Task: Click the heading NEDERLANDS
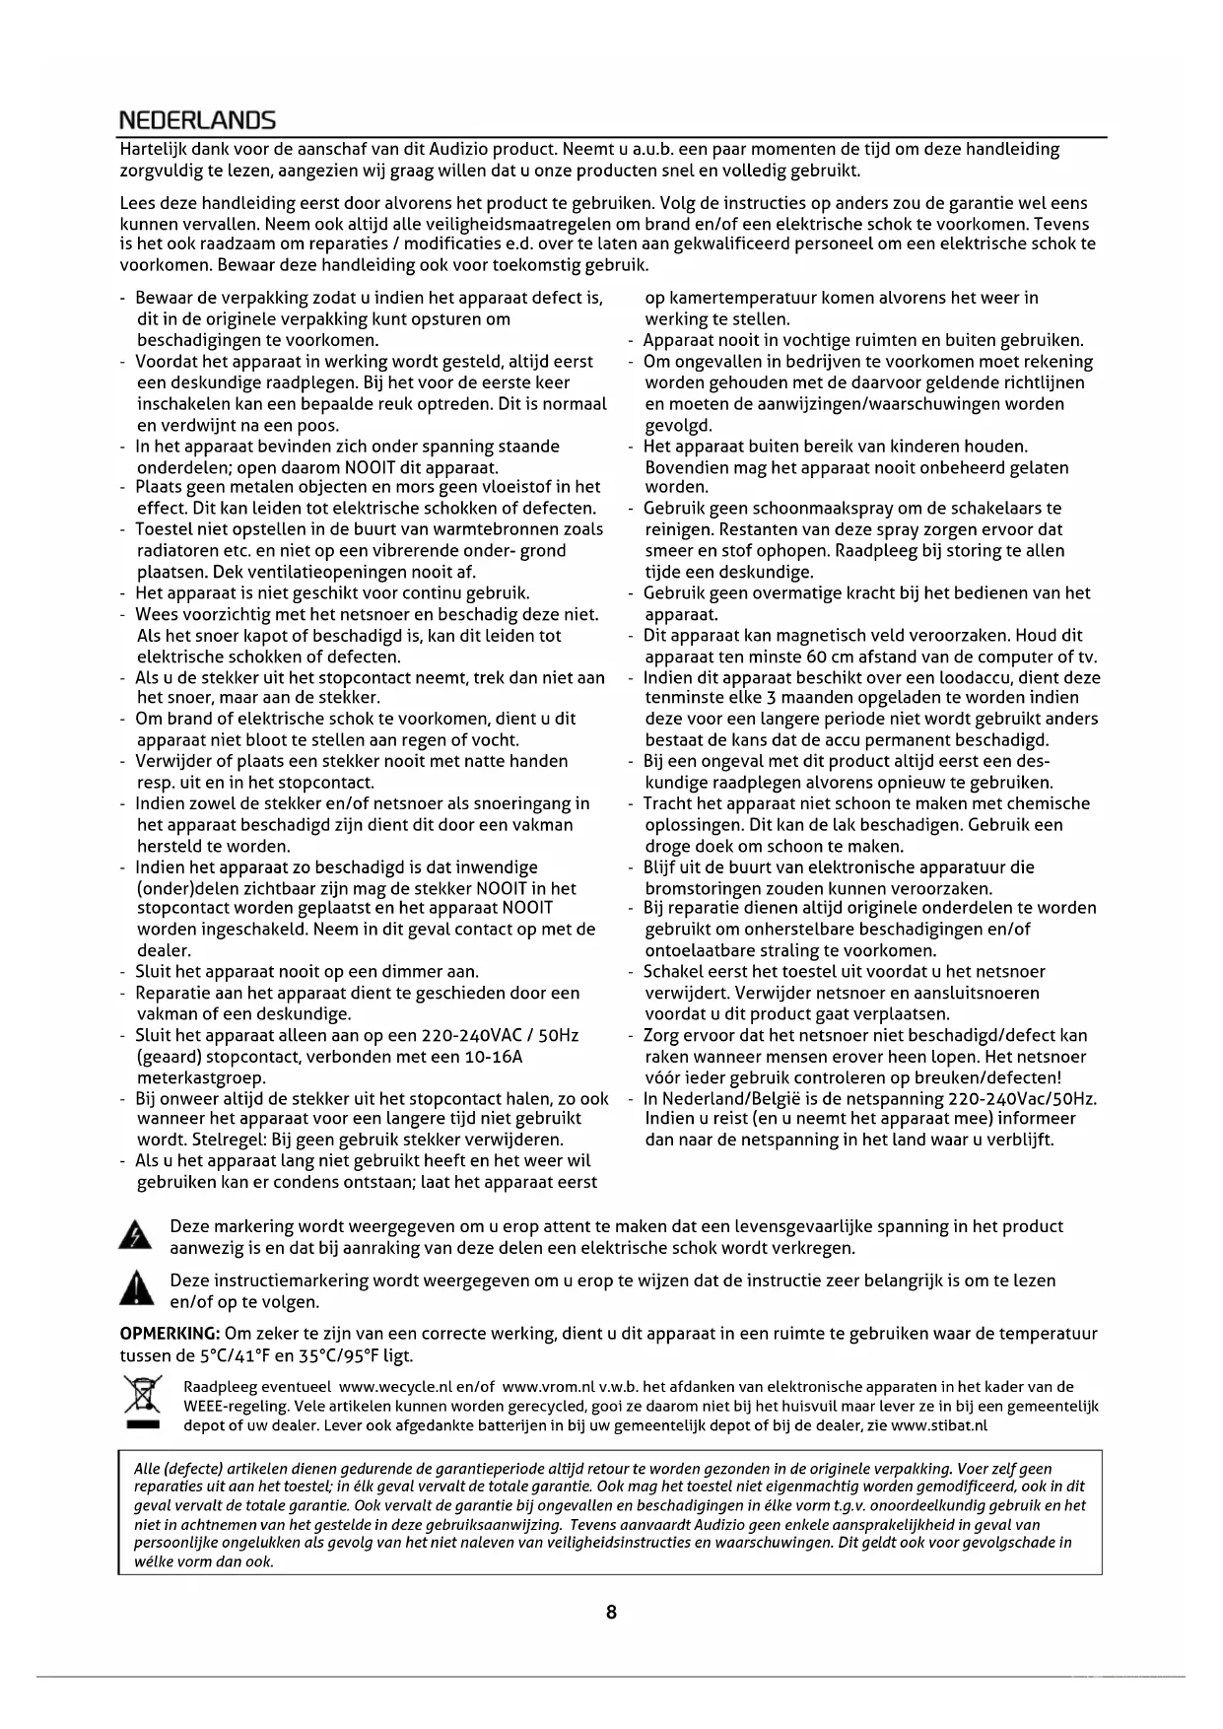[x=197, y=121]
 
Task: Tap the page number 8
[x=611, y=1613]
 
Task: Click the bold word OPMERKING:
[x=170, y=1334]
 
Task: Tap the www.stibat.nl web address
[x=939, y=1424]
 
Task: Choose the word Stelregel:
[x=220, y=1140]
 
